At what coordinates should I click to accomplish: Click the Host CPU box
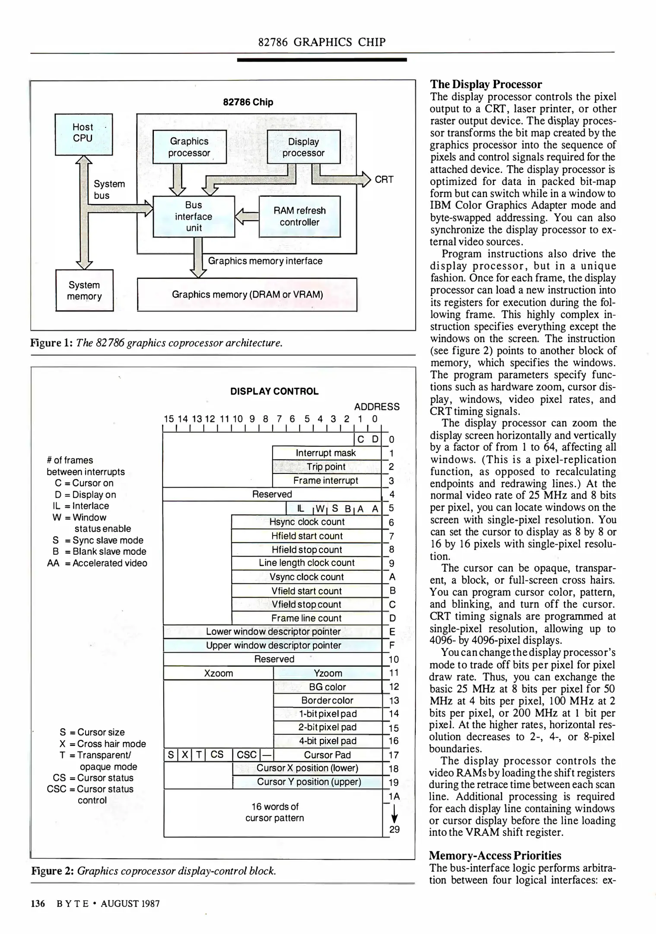click(x=83, y=134)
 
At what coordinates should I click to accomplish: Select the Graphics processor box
click(x=189, y=147)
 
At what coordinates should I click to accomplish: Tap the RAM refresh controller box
click(x=299, y=216)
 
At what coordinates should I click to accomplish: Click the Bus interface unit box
click(x=194, y=216)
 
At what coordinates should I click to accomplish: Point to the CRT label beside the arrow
click(x=384, y=179)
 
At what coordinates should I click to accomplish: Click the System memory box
click(x=84, y=290)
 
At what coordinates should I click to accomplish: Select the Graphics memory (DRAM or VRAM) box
click(x=247, y=294)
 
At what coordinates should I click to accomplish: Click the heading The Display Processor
click(x=486, y=84)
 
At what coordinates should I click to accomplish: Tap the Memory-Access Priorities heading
click(x=495, y=855)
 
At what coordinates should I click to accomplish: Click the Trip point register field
click(x=326, y=467)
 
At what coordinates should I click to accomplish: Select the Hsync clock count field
click(x=307, y=522)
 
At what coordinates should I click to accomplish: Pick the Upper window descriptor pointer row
click(x=273, y=645)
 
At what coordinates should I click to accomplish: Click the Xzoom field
click(x=218, y=673)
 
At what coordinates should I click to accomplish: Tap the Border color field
click(x=327, y=700)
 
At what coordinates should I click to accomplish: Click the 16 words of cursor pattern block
click(x=274, y=812)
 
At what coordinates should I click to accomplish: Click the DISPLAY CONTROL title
click(x=274, y=391)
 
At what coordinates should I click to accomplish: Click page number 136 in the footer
click(x=38, y=903)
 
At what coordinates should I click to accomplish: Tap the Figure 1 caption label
click(x=51, y=343)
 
